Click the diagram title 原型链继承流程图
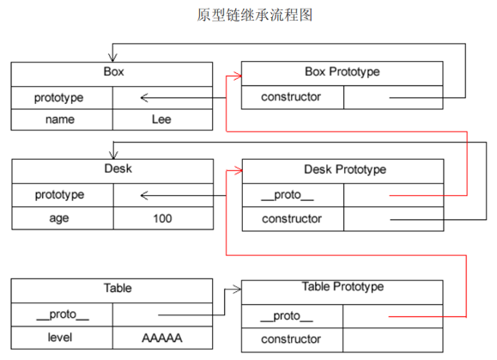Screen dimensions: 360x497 tap(248, 15)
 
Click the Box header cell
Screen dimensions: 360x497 tap(112, 72)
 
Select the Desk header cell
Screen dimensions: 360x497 tap(112, 169)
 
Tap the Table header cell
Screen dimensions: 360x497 tap(112, 289)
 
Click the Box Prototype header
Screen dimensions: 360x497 tap(342, 72)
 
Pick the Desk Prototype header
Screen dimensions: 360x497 tap(342, 170)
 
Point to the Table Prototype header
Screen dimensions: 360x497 tap(342, 286)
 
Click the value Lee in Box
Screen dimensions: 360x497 tap(161, 119)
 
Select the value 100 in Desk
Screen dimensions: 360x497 tap(161, 218)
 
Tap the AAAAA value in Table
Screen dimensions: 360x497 tap(161, 339)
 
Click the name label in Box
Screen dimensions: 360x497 tap(62, 119)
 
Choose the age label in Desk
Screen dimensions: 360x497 tap(62, 218)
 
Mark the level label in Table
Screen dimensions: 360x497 tap(62, 339)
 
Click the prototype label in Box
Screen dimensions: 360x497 tap(62, 97)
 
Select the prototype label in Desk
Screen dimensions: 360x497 tap(62, 195)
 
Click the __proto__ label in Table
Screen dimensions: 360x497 tap(62, 314)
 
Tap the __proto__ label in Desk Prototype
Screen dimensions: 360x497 tap(292, 196)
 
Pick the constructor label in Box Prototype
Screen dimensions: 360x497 tap(292, 97)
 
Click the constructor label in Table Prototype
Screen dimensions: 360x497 tap(292, 339)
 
